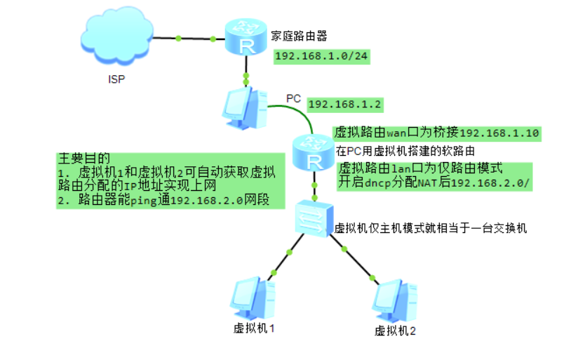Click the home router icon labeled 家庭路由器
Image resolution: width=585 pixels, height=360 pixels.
point(246,39)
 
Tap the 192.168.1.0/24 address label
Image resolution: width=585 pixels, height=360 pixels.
point(321,56)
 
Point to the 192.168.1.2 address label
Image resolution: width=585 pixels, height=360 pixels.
point(344,104)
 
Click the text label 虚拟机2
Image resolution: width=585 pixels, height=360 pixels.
point(396,331)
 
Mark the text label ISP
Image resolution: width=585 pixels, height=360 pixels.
point(116,79)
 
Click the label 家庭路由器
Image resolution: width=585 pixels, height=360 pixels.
point(299,36)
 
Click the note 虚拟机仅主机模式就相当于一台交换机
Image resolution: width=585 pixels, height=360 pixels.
point(430,228)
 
